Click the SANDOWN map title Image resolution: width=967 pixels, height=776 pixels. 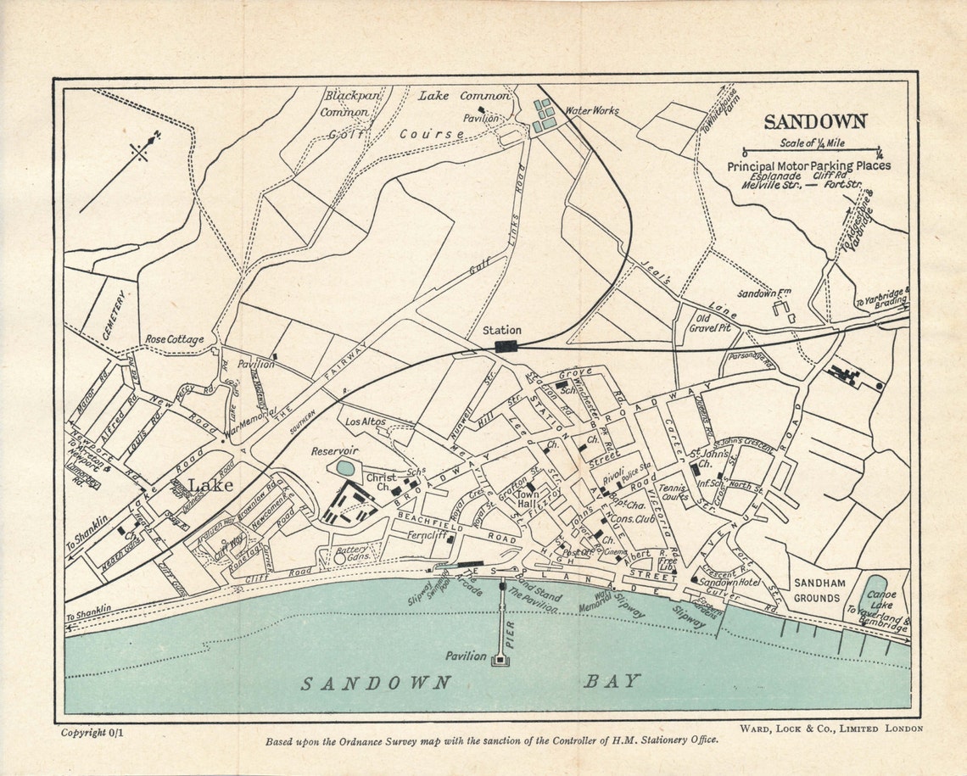pyautogui.click(x=815, y=122)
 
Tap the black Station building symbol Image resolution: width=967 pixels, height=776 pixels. pyautogui.click(x=506, y=345)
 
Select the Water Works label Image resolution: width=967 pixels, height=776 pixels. pyautogui.click(x=592, y=110)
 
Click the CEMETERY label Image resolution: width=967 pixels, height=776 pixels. pyautogui.click(x=114, y=315)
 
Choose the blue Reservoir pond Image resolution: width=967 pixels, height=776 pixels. pyautogui.click(x=345, y=467)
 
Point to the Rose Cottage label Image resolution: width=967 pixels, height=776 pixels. pyautogui.click(x=174, y=339)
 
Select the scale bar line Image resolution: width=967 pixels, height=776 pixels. pyautogui.click(x=812, y=153)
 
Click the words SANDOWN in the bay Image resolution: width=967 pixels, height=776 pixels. pyautogui.click(x=377, y=684)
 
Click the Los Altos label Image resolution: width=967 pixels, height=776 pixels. pyautogui.click(x=366, y=421)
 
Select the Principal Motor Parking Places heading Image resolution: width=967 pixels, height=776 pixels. pyautogui.click(x=808, y=166)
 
